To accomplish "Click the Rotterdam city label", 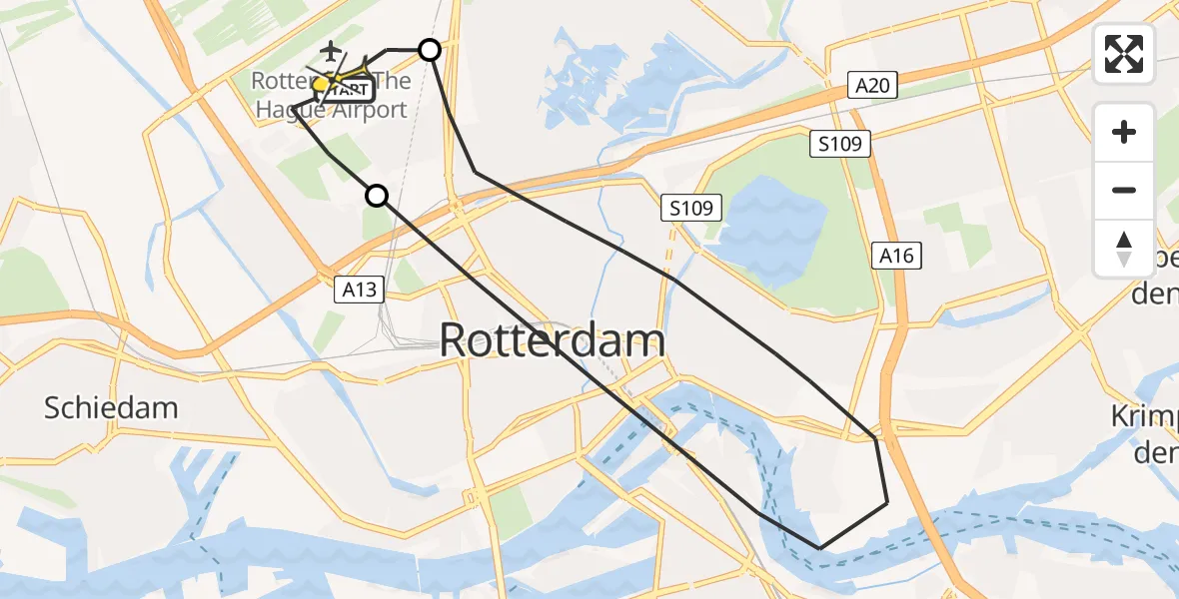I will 552,340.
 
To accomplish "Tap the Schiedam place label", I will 111,407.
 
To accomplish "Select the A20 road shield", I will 871,86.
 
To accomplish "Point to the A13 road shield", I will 359,290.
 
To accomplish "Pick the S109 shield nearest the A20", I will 840,145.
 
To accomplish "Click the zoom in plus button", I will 1124,132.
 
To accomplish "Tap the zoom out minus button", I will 1124,190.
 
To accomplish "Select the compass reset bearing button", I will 1124,248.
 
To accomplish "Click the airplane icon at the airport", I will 331,49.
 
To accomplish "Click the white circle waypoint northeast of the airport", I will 430,49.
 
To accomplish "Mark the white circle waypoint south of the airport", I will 377,196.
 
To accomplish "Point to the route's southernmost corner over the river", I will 819,548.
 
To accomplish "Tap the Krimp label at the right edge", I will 1148,416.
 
